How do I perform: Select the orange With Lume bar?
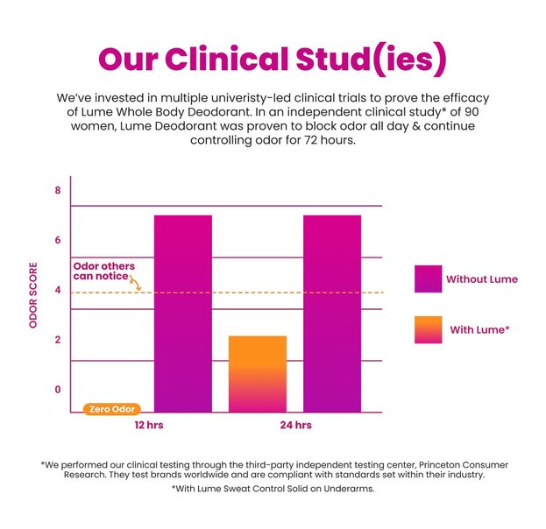[x=258, y=373]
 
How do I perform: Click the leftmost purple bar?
[x=183, y=313]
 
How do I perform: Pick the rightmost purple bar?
[x=331, y=313]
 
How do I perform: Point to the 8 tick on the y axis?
[x=58, y=190]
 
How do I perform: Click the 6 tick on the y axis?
[x=58, y=240]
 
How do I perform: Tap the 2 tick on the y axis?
[x=58, y=340]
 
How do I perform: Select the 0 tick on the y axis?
[x=58, y=390]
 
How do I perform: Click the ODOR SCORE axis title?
[x=34, y=294]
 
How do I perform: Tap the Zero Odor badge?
[x=111, y=409]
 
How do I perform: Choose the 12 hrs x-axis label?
[x=149, y=425]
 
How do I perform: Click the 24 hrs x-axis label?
[x=297, y=425]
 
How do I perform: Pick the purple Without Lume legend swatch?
[x=428, y=279]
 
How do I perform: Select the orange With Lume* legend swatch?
[x=428, y=329]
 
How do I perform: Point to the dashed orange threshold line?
[x=263, y=293]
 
